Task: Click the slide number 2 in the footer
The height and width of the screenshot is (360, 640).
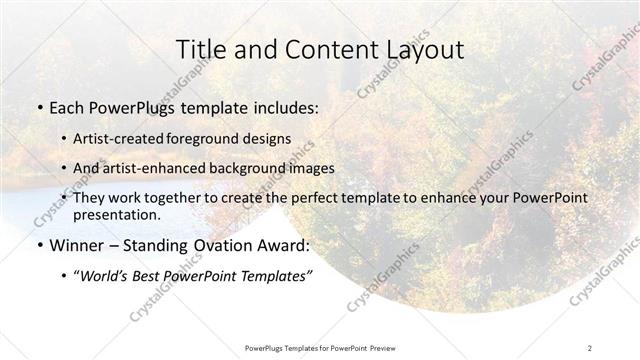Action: pyautogui.click(x=590, y=347)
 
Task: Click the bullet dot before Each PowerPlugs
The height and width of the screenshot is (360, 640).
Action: pyautogui.click(x=39, y=105)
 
